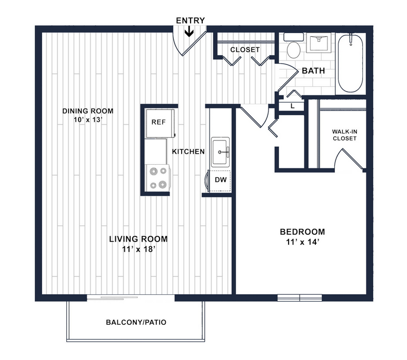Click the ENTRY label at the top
pos(190,21)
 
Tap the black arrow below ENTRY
pos(189,32)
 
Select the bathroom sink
pos(319,43)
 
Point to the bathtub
pos(351,63)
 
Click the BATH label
pos(313,71)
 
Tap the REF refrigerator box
pos(160,123)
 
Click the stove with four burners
pos(158,178)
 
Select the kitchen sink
pos(221,152)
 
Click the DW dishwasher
pos(220,181)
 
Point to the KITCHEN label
pos(188,152)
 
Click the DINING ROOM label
pos(88,111)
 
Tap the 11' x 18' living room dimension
pos(139,249)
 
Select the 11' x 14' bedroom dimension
pos(302,242)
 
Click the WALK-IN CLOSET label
pos(345,135)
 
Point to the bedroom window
pos(300,298)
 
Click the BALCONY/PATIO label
pos(136,322)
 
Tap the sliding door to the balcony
pos(131,298)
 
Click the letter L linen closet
pos(293,106)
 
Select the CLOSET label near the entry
pos(245,49)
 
